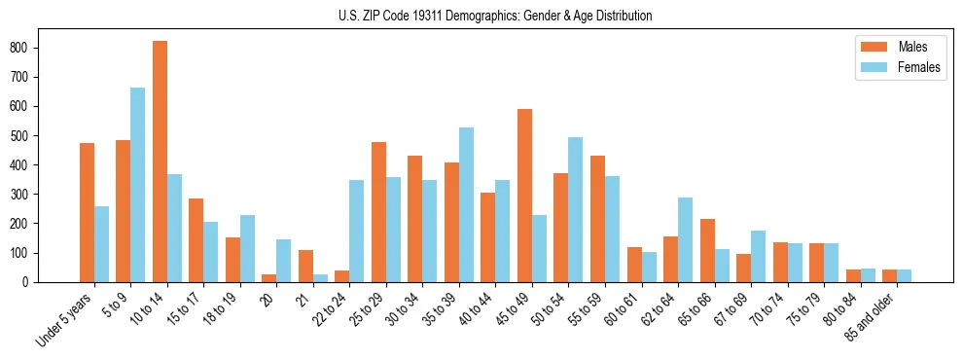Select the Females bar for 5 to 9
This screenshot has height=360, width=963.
click(x=138, y=185)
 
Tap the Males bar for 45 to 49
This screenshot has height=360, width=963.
click(x=524, y=196)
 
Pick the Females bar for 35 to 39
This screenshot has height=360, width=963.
click(x=466, y=204)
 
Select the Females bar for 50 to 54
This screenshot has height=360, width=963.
click(x=576, y=209)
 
